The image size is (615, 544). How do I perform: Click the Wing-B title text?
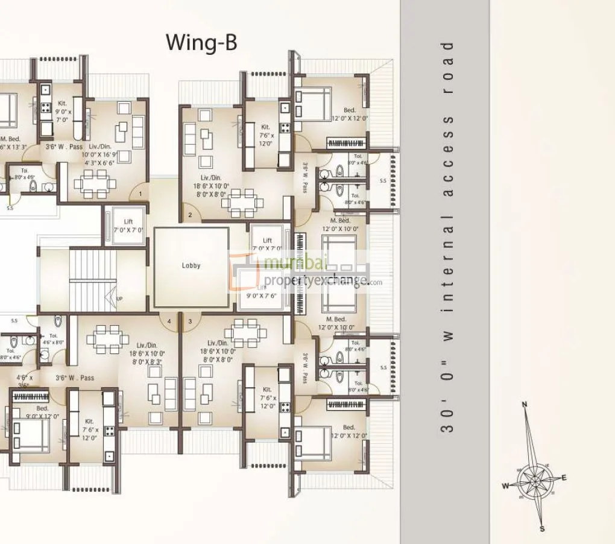coord(201,43)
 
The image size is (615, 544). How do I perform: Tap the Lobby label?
coord(191,265)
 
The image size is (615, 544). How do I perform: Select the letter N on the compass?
coord(525,404)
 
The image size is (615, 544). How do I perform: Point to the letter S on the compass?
coord(541,529)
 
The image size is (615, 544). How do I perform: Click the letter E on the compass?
coord(564,478)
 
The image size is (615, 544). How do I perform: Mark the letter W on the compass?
coord(506,485)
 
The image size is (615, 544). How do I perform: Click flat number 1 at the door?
coord(140,194)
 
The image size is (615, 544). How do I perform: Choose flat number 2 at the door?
coord(190,215)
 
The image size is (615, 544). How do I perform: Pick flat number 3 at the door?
coord(190,321)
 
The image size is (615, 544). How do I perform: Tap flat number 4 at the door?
coord(169,321)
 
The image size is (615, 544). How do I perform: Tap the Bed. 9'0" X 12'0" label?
coord(42,413)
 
